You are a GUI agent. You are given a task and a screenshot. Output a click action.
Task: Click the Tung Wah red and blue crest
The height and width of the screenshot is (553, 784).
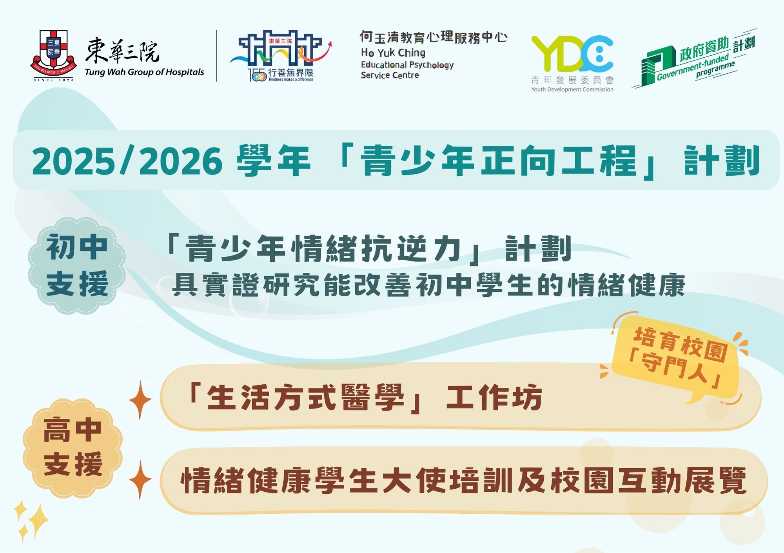point(53,54)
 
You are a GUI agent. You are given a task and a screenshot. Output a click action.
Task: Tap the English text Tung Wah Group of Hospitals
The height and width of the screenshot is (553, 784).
point(144,72)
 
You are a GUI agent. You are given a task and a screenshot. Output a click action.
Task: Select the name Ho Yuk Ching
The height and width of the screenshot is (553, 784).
point(393,53)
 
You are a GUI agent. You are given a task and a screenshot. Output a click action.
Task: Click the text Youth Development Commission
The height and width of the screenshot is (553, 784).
point(572,89)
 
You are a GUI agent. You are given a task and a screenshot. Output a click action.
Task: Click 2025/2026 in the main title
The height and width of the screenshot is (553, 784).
point(127,161)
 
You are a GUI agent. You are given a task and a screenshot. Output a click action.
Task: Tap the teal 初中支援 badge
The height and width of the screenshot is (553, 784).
point(77,265)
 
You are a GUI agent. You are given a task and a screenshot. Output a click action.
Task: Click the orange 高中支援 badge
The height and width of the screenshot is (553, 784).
point(73,447)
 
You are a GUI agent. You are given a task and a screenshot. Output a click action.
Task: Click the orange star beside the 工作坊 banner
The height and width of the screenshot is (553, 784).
point(140,400)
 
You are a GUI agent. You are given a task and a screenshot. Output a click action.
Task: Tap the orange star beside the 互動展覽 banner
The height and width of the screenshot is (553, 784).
point(140,480)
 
